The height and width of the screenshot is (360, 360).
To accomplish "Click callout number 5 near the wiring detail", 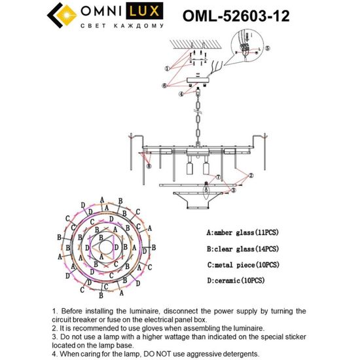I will pyautogui.click(x=267, y=48).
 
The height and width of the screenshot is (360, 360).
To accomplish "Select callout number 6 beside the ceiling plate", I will pyautogui.click(x=165, y=84).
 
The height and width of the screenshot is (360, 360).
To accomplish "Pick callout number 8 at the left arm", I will pyautogui.click(x=149, y=167).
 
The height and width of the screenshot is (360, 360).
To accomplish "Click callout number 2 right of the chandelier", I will pyautogui.click(x=251, y=175).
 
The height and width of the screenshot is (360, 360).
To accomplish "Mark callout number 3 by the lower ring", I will pyautogui.click(x=234, y=191).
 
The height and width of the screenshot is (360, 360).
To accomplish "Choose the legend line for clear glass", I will pyautogui.click(x=242, y=249).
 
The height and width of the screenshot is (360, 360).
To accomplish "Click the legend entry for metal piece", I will pyautogui.click(x=242, y=264).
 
